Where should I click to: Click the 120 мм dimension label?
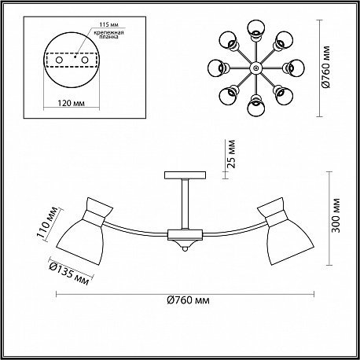pos(71,103)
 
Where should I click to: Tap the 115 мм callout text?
pos(108,24)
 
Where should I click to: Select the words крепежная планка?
pos(108,35)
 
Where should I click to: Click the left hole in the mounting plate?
pos(59,60)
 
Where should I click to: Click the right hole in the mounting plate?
pos(84,60)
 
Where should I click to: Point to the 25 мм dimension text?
pos(231,154)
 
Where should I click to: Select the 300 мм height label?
pos(336,215)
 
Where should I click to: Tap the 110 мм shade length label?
pos(47,222)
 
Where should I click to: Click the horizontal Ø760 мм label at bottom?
pos(188,300)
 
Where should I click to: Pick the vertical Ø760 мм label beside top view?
pos(326,68)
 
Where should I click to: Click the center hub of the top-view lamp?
pos(255,68)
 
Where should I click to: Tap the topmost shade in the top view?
pos(255,29)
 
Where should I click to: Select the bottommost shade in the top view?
pos(255,106)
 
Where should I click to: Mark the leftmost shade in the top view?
pos(218,68)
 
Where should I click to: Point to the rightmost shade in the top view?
pos(294,68)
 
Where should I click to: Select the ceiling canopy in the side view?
pos(185,175)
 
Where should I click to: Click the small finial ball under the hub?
pos(185,249)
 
